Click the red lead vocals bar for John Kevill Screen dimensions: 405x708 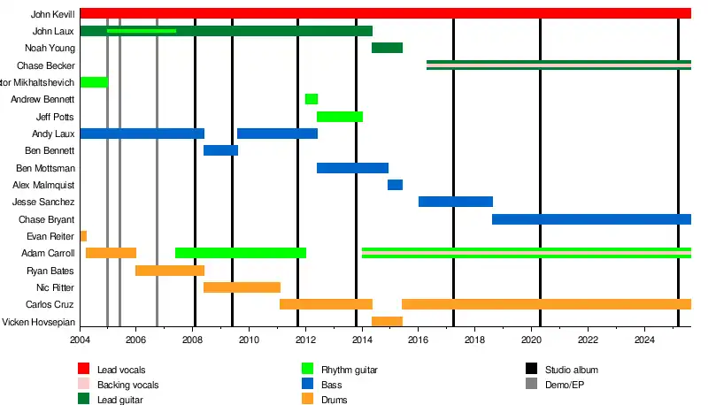pos(385,13)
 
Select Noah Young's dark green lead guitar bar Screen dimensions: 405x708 pos(387,48)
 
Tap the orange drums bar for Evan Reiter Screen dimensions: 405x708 pos(83,236)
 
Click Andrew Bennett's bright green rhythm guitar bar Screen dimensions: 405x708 pos(312,99)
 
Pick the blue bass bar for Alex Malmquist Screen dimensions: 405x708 pos(395,185)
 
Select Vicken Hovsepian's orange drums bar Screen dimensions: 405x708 pos(387,322)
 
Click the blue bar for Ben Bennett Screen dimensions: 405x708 pos(220,150)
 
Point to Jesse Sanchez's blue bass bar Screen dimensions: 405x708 pos(455,202)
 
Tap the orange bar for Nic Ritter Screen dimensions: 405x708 pos(242,287)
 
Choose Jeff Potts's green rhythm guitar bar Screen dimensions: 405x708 pos(340,117)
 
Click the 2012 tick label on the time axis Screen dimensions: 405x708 pos(305,340)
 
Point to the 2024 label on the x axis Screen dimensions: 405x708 pos(645,340)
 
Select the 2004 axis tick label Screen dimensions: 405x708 pos(80,340)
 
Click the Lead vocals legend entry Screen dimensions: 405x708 pos(121,369)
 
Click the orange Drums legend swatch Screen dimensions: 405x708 pos(308,400)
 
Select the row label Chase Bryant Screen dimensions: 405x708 pos(46,219)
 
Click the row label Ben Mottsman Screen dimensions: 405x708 pos(45,168)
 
